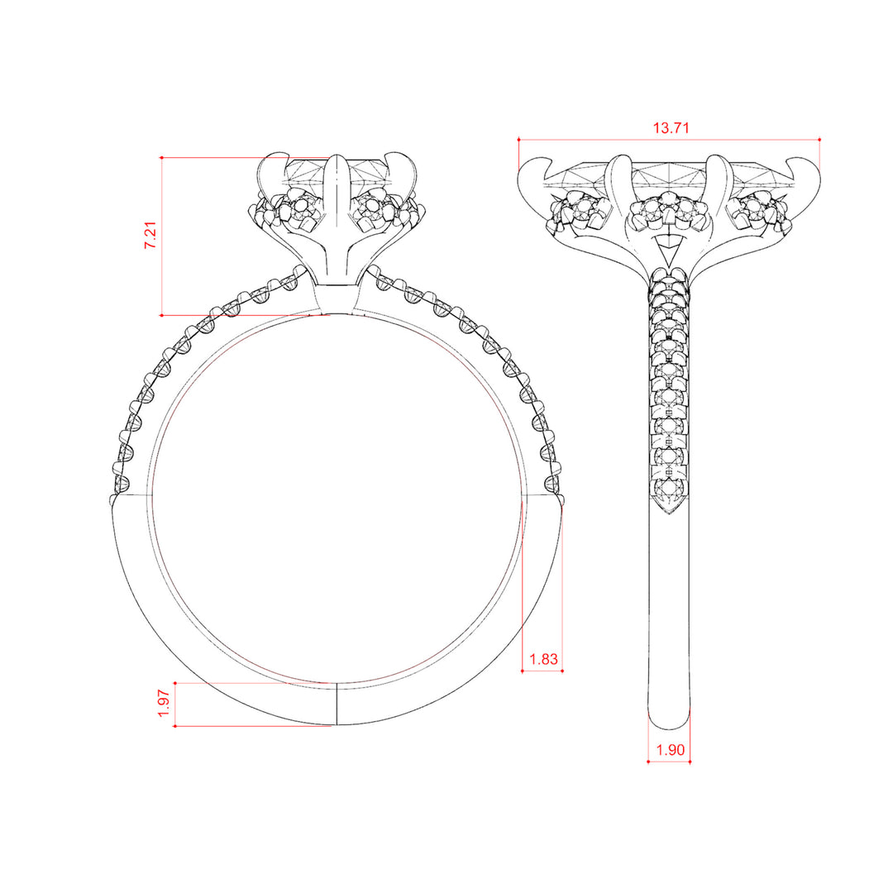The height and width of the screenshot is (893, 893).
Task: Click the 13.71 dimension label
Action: tap(671, 127)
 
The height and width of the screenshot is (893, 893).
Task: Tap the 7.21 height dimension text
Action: tap(150, 235)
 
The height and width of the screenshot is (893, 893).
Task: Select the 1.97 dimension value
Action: tap(164, 704)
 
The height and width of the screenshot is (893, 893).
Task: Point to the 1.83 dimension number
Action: tap(543, 659)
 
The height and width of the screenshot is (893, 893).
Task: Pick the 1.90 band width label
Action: tap(670, 749)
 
